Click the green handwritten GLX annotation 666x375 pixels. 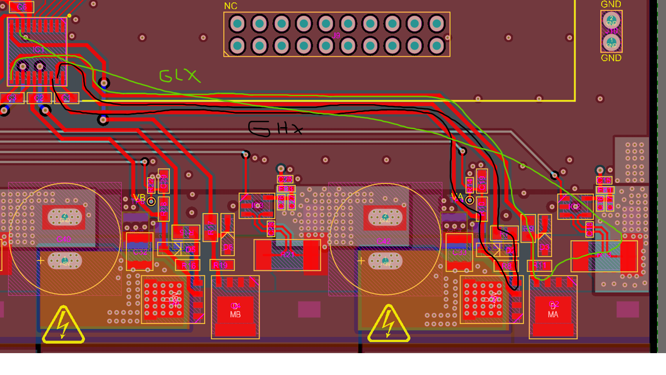(x=180, y=76)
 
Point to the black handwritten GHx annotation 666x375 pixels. (x=274, y=129)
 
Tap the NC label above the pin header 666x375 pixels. (x=230, y=6)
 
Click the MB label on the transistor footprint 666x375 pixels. (x=235, y=315)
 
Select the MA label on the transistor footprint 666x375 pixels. (x=553, y=315)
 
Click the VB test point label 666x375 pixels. (x=139, y=197)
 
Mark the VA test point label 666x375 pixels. (x=457, y=197)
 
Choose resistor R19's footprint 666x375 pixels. (x=220, y=265)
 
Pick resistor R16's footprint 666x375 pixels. (x=188, y=265)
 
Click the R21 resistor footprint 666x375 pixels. (x=287, y=255)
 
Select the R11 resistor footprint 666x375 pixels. (x=540, y=266)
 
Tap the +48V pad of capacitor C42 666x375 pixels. (x=385, y=260)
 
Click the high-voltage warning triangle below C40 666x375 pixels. (x=63, y=326)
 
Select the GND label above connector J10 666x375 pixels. (x=611, y=5)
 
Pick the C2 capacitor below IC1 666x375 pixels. (x=39, y=98)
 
